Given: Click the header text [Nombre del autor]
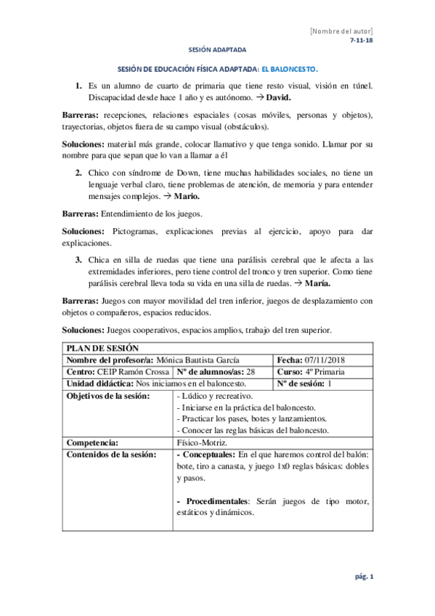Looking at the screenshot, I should pos(341,32).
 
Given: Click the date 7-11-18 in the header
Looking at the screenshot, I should pos(361,41).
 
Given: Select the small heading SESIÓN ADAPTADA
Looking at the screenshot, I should pos(217,50).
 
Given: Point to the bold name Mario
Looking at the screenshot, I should pos(190,196).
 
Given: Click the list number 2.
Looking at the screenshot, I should pos(79,172).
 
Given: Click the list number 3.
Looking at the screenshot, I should pos(79,259).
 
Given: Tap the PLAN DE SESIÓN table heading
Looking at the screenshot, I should pos(97,349).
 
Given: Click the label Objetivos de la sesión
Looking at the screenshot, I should pos(108,396).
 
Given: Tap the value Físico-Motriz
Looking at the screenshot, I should pos(201,442).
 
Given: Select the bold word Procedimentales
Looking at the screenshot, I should pos(216,501).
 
